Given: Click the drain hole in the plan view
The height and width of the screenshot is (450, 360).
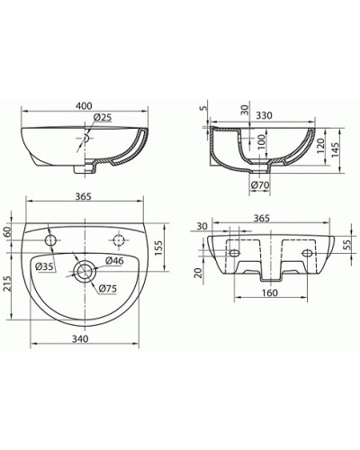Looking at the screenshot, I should tap(86, 270).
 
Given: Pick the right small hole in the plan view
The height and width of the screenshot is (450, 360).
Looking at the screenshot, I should tap(118, 238).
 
